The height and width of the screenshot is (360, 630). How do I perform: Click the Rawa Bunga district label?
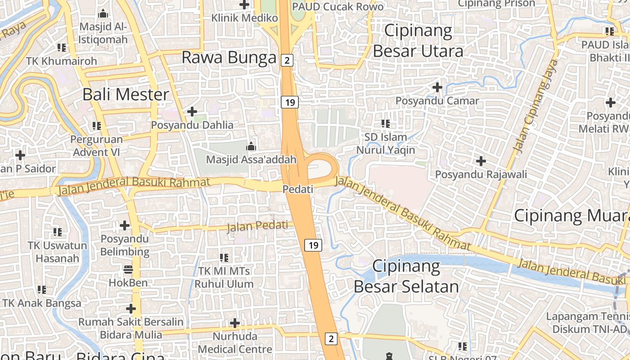(229, 58)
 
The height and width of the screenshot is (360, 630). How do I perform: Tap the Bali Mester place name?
(126, 94)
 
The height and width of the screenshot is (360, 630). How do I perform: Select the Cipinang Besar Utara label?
(418, 41)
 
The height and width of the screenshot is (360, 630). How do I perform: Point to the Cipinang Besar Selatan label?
(406, 276)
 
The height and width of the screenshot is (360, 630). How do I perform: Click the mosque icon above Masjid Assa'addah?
(251, 146)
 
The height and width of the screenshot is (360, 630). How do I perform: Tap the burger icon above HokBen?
(128, 270)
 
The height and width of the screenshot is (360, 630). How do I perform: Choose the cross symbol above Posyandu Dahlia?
(192, 111)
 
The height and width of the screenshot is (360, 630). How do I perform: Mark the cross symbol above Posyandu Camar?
(437, 87)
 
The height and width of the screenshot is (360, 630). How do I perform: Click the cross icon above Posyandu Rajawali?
(481, 161)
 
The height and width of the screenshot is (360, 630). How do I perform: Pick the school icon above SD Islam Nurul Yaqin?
(386, 123)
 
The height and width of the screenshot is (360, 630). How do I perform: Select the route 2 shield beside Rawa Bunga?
(287, 60)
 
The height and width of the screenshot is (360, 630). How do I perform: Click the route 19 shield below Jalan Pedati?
(313, 245)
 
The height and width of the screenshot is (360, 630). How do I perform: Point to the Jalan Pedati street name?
(257, 226)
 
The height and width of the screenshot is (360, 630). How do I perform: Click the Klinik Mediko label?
(245, 18)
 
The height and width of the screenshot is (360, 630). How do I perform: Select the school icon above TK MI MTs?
(224, 258)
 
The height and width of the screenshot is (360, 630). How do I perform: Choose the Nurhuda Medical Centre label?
(235, 343)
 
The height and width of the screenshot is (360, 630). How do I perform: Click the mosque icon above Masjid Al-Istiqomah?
(103, 13)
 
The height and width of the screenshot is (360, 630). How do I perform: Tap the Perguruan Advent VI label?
(96, 146)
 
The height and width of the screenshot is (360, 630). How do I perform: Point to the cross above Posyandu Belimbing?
(125, 225)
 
